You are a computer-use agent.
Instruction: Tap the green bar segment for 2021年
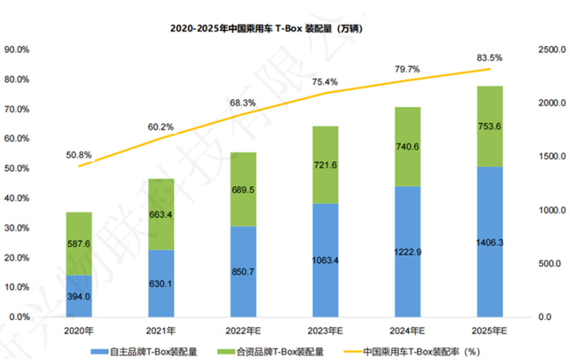click(160, 214)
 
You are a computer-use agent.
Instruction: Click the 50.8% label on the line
click(79, 154)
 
